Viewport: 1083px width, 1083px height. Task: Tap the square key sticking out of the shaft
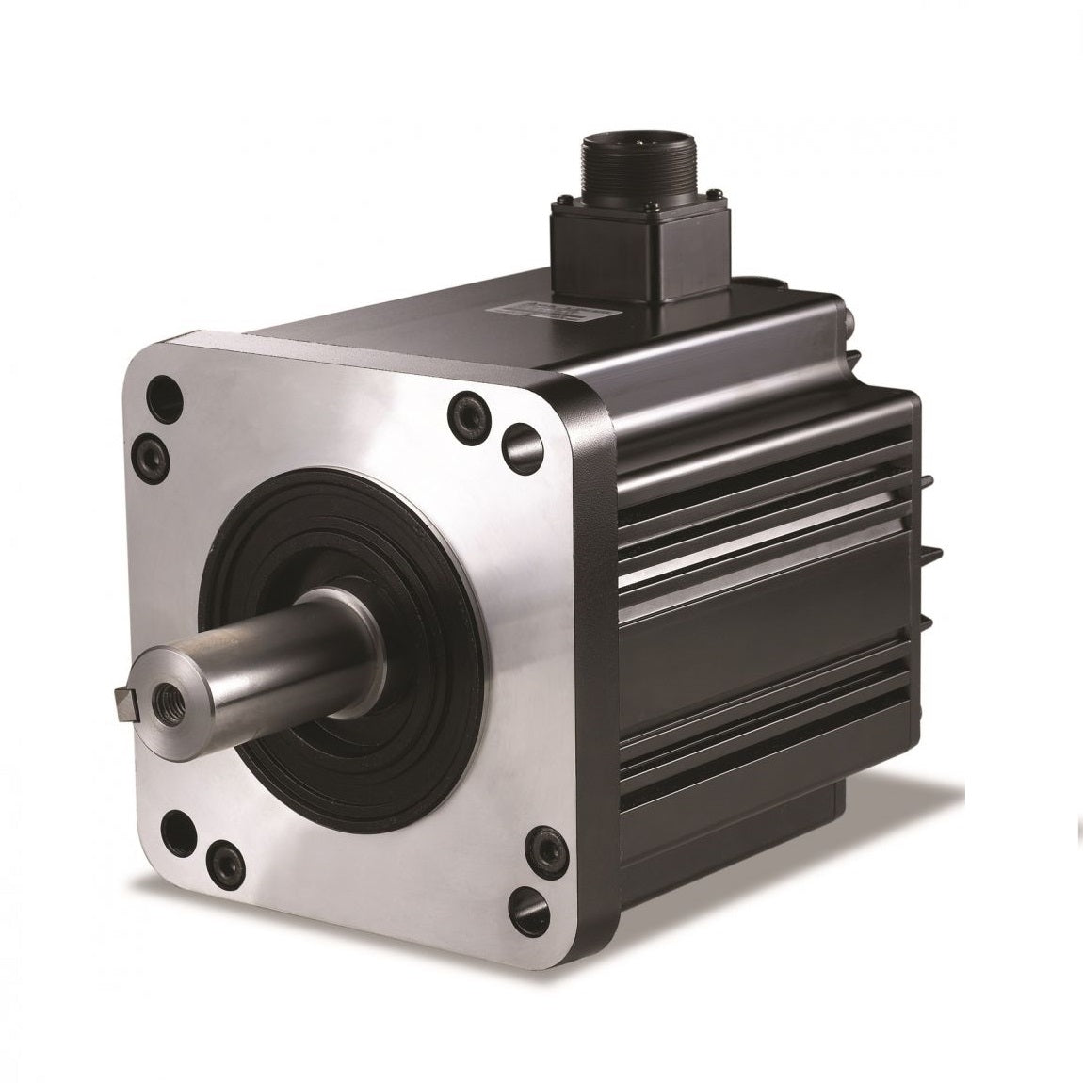120,699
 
